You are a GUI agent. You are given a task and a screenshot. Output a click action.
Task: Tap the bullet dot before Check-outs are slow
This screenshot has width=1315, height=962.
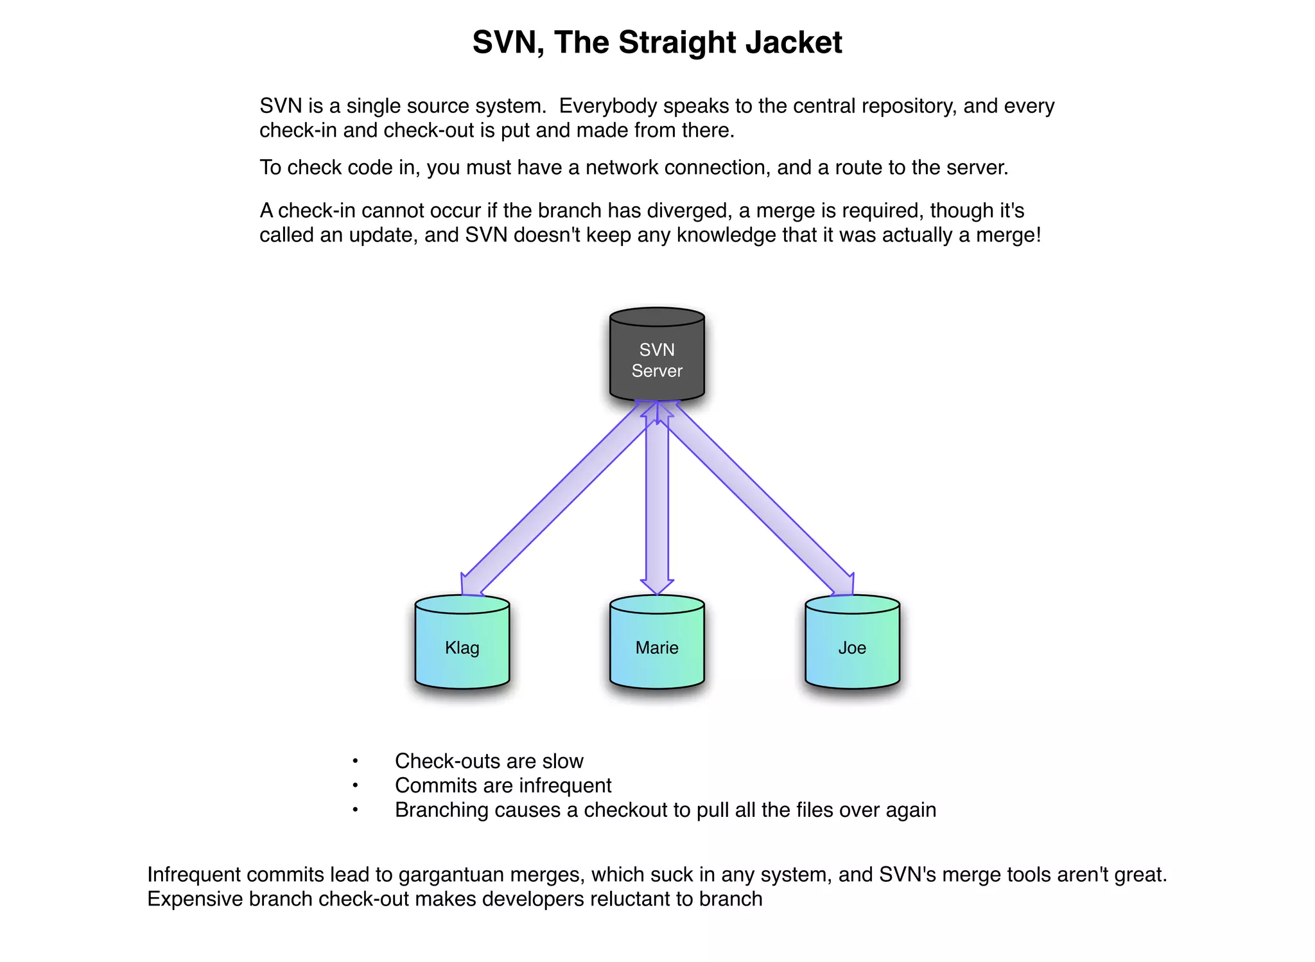point(355,762)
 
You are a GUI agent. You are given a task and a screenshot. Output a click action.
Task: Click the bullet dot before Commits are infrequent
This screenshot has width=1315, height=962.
point(355,786)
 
